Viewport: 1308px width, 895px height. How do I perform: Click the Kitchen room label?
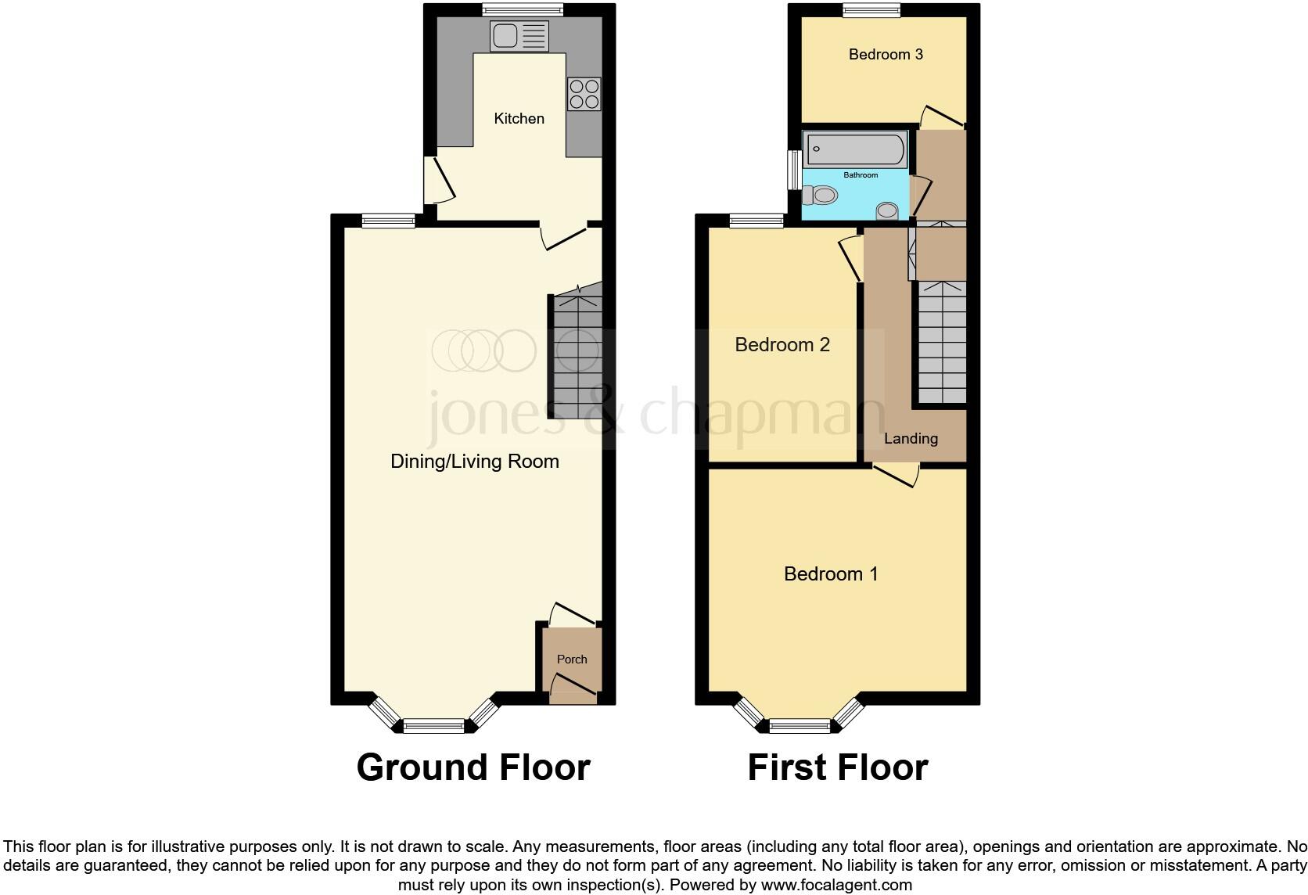click(519, 119)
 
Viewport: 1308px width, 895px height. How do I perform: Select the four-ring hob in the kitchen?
click(584, 94)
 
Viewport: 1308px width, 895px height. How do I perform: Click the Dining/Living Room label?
click(474, 462)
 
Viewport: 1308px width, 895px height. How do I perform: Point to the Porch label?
click(572, 660)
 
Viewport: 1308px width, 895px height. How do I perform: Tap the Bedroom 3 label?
click(886, 55)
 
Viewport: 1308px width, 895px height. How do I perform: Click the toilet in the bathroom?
click(819, 195)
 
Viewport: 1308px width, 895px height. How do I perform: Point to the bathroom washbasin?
click(886, 210)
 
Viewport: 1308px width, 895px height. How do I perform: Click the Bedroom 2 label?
click(782, 345)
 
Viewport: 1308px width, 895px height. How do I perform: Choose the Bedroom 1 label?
click(831, 574)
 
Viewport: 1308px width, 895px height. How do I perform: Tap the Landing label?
click(911, 439)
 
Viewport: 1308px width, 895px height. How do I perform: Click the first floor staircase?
click(942, 344)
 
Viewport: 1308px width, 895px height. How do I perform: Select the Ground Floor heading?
click(473, 767)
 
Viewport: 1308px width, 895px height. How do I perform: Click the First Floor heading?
click(837, 767)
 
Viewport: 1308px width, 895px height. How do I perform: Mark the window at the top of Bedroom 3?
click(871, 10)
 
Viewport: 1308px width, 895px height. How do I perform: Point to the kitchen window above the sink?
click(523, 10)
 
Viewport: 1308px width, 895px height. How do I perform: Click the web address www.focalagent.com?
click(836, 886)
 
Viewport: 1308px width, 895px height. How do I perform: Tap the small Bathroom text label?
click(861, 175)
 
